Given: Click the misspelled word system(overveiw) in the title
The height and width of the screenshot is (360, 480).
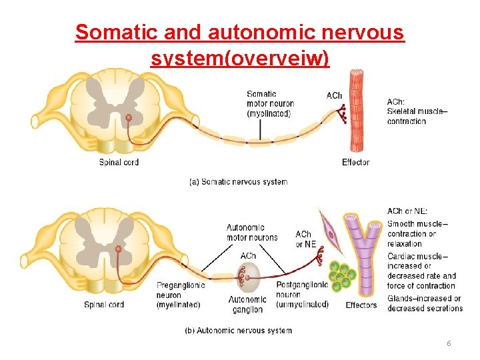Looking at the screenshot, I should pyautogui.click(x=240, y=59).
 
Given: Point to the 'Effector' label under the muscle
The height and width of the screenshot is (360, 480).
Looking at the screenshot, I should pyautogui.click(x=355, y=162).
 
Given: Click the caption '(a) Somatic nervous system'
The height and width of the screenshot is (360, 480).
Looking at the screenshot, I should pyautogui.click(x=239, y=181).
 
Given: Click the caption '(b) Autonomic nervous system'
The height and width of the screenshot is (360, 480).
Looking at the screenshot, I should pyautogui.click(x=238, y=330).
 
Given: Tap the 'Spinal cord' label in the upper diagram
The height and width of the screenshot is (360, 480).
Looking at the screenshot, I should pyautogui.click(x=119, y=162).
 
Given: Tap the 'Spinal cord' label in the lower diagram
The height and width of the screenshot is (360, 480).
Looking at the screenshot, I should pyautogui.click(x=104, y=305).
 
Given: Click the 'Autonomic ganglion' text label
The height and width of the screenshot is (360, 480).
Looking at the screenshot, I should pyautogui.click(x=247, y=305).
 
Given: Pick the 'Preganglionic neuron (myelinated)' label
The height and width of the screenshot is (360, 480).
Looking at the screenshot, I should pyautogui.click(x=179, y=295).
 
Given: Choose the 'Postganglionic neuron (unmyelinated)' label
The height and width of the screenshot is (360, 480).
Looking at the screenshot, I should pyautogui.click(x=302, y=295).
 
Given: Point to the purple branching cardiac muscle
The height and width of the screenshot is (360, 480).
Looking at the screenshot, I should pyautogui.click(x=366, y=253).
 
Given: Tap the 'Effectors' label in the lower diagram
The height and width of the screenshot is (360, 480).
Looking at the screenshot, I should pyautogui.click(x=361, y=305).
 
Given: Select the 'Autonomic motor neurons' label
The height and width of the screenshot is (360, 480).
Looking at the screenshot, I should pyautogui.click(x=251, y=233).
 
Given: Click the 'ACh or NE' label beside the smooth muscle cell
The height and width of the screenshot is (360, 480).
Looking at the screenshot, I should pyautogui.click(x=305, y=239).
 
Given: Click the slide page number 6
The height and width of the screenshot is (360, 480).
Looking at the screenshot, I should pyautogui.click(x=449, y=343).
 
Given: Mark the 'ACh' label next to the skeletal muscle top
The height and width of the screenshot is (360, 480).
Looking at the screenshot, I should pyautogui.click(x=334, y=95).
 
